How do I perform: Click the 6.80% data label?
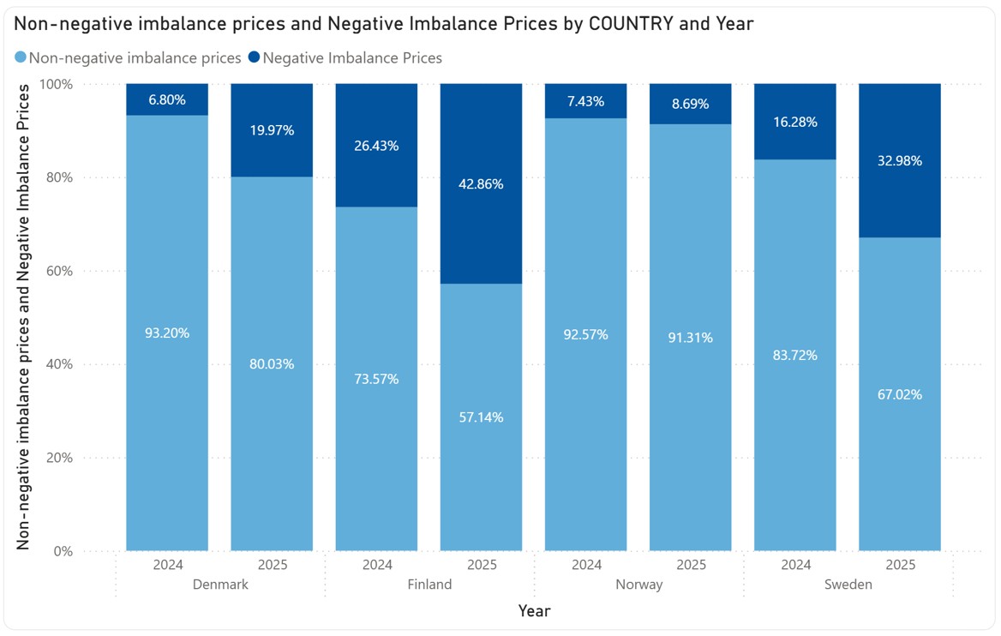click(x=167, y=100)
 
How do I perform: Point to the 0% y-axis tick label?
click(x=63, y=551)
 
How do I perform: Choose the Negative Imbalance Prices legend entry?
click(x=351, y=58)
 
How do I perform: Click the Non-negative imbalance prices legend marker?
click(x=21, y=58)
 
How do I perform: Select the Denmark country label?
click(x=220, y=585)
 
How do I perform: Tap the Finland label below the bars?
click(x=429, y=585)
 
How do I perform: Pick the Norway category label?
click(x=638, y=585)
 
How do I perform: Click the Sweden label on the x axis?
click(x=848, y=585)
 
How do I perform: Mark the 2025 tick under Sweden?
click(x=900, y=565)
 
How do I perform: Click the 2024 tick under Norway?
click(x=586, y=565)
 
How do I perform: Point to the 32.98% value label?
click(x=900, y=160)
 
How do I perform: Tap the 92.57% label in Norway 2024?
click(x=586, y=334)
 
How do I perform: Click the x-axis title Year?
click(x=534, y=611)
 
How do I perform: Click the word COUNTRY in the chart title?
click(x=629, y=24)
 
